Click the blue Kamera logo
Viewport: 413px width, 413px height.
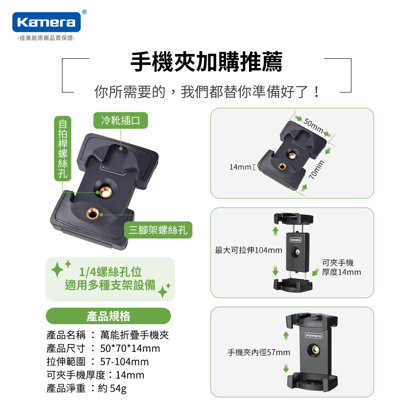[x=46, y=22]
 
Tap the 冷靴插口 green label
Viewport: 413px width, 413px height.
[x=121, y=120]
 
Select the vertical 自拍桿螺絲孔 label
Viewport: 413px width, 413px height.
[x=63, y=149]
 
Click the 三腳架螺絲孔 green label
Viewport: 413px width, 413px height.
[x=158, y=230]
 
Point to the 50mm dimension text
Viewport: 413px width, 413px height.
[x=313, y=126]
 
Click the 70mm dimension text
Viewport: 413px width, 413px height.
[x=316, y=170]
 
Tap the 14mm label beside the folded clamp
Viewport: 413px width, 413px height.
[x=240, y=167]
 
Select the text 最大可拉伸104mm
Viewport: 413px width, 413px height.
[x=248, y=250]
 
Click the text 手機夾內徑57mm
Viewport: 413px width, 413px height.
[x=259, y=352]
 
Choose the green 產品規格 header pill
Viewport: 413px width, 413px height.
[x=108, y=316]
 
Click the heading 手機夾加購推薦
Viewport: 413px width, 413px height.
[x=206, y=62]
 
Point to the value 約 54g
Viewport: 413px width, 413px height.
[x=112, y=388]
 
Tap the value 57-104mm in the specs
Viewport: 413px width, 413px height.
[x=124, y=362]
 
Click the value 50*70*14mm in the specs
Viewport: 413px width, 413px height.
[x=130, y=348]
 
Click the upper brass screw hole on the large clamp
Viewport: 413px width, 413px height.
[x=106, y=192]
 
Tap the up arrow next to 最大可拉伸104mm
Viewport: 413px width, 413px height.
[x=275, y=231]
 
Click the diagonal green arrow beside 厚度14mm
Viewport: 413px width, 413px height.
[x=316, y=272]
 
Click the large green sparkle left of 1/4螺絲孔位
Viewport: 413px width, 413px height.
[x=57, y=270]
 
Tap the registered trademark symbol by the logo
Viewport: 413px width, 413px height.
[x=84, y=12]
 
